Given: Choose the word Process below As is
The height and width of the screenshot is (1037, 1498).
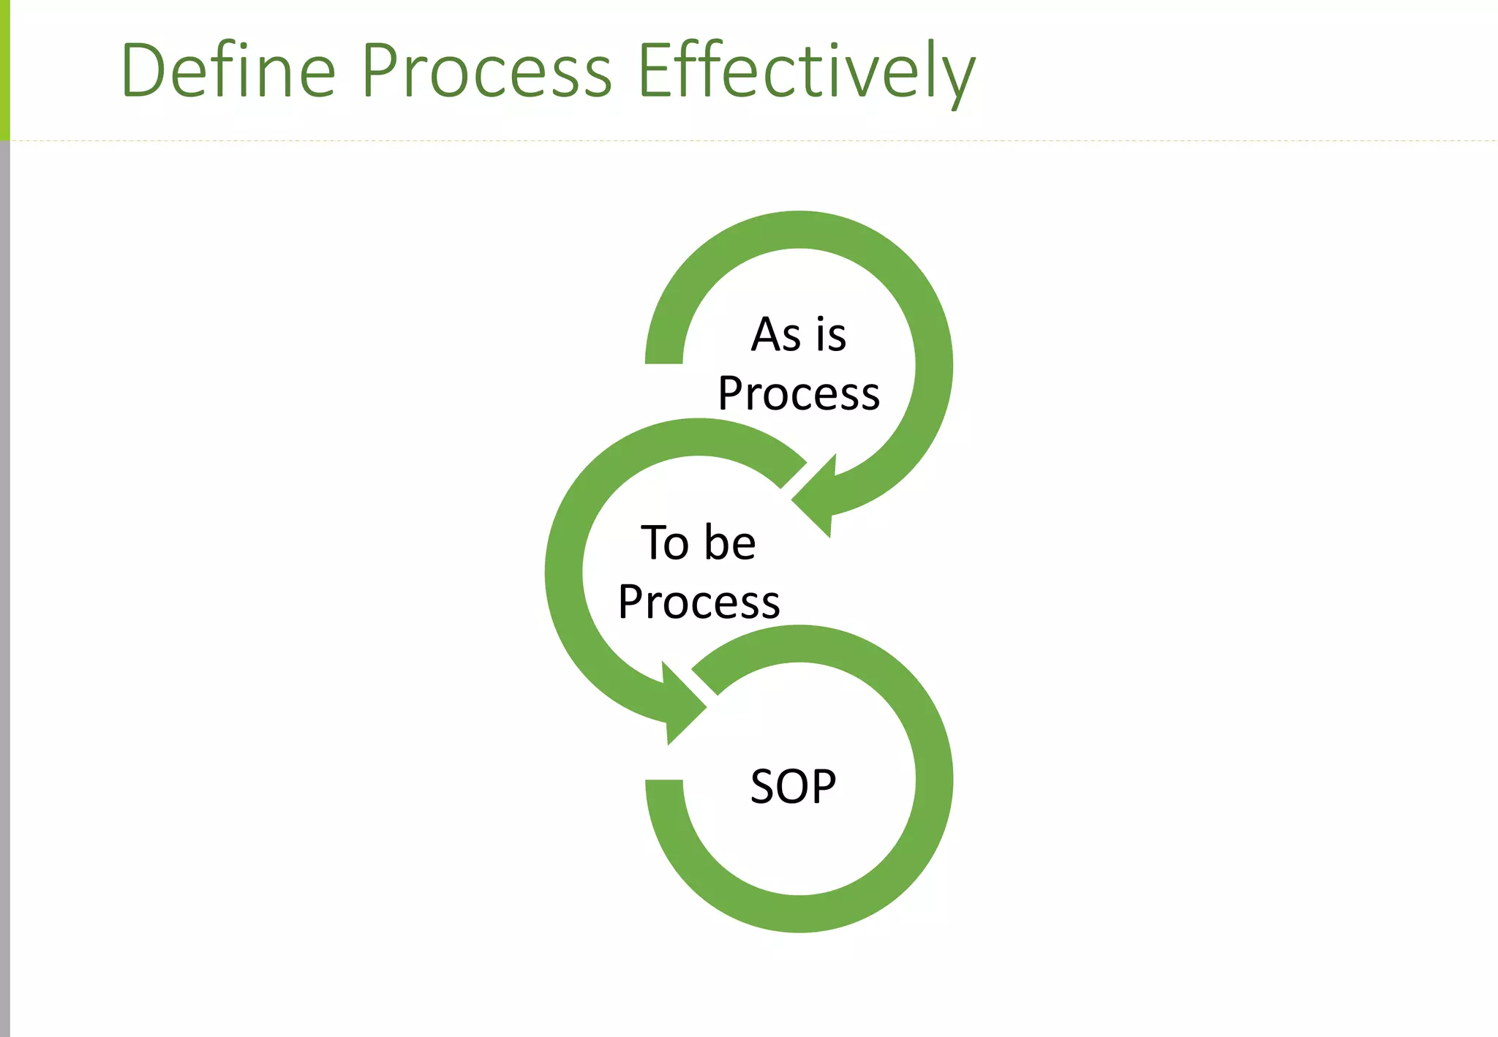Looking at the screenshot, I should [x=799, y=394].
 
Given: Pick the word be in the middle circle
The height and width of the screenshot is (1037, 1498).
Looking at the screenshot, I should [x=730, y=543].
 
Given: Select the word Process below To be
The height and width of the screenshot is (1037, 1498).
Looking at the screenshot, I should [x=699, y=602].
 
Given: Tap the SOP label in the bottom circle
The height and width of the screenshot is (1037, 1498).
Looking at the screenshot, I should [x=793, y=787].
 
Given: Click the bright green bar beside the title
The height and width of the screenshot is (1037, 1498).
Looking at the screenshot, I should [x=4, y=69].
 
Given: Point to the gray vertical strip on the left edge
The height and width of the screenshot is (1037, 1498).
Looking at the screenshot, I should [x=4, y=585].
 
